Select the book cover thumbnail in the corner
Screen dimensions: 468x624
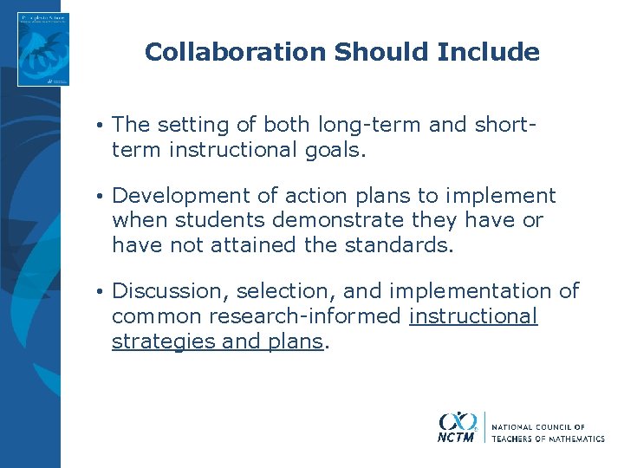point(43,49)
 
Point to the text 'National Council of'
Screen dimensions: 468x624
point(538,427)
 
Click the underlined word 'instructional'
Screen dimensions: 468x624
point(473,316)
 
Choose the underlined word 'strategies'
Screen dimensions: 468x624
point(164,341)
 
